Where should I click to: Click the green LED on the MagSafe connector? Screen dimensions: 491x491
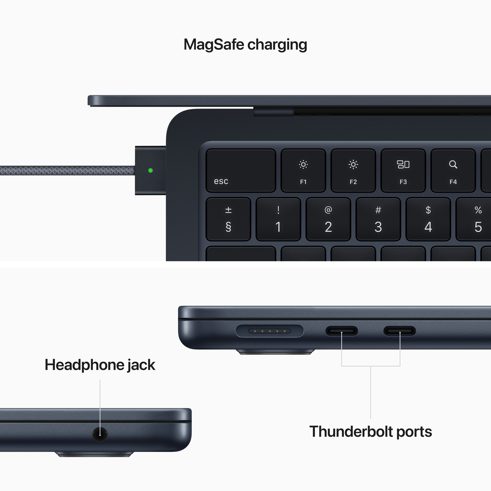click(x=150, y=170)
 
